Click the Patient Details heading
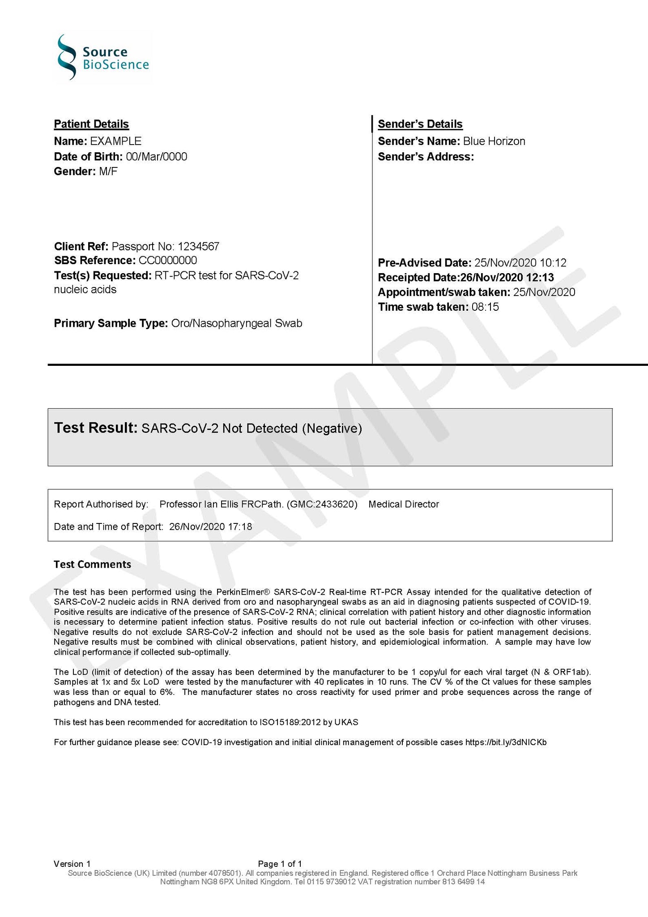(91, 124)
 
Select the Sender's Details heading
(420, 124)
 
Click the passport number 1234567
(198, 246)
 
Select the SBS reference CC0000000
(167, 261)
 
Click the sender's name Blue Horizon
(494, 141)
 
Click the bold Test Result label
(95, 428)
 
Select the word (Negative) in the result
(332, 429)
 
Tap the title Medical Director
(404, 505)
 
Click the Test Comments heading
(93, 564)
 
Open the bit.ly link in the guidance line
(506, 742)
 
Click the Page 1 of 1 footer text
(280, 864)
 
